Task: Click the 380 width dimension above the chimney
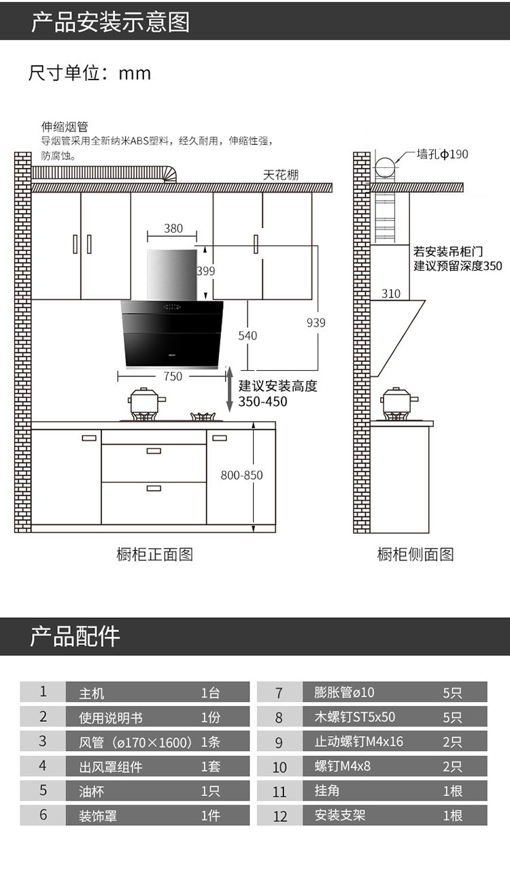(173, 229)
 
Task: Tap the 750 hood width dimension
(173, 376)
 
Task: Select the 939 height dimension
(316, 323)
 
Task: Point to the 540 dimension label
(248, 335)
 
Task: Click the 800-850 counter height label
(241, 475)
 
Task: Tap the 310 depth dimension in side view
(391, 294)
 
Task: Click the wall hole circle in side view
(385, 166)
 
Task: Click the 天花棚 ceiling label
(281, 175)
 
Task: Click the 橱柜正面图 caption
(155, 554)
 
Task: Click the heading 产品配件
(75, 637)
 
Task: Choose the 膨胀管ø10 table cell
(344, 693)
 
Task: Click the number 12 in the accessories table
(279, 816)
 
